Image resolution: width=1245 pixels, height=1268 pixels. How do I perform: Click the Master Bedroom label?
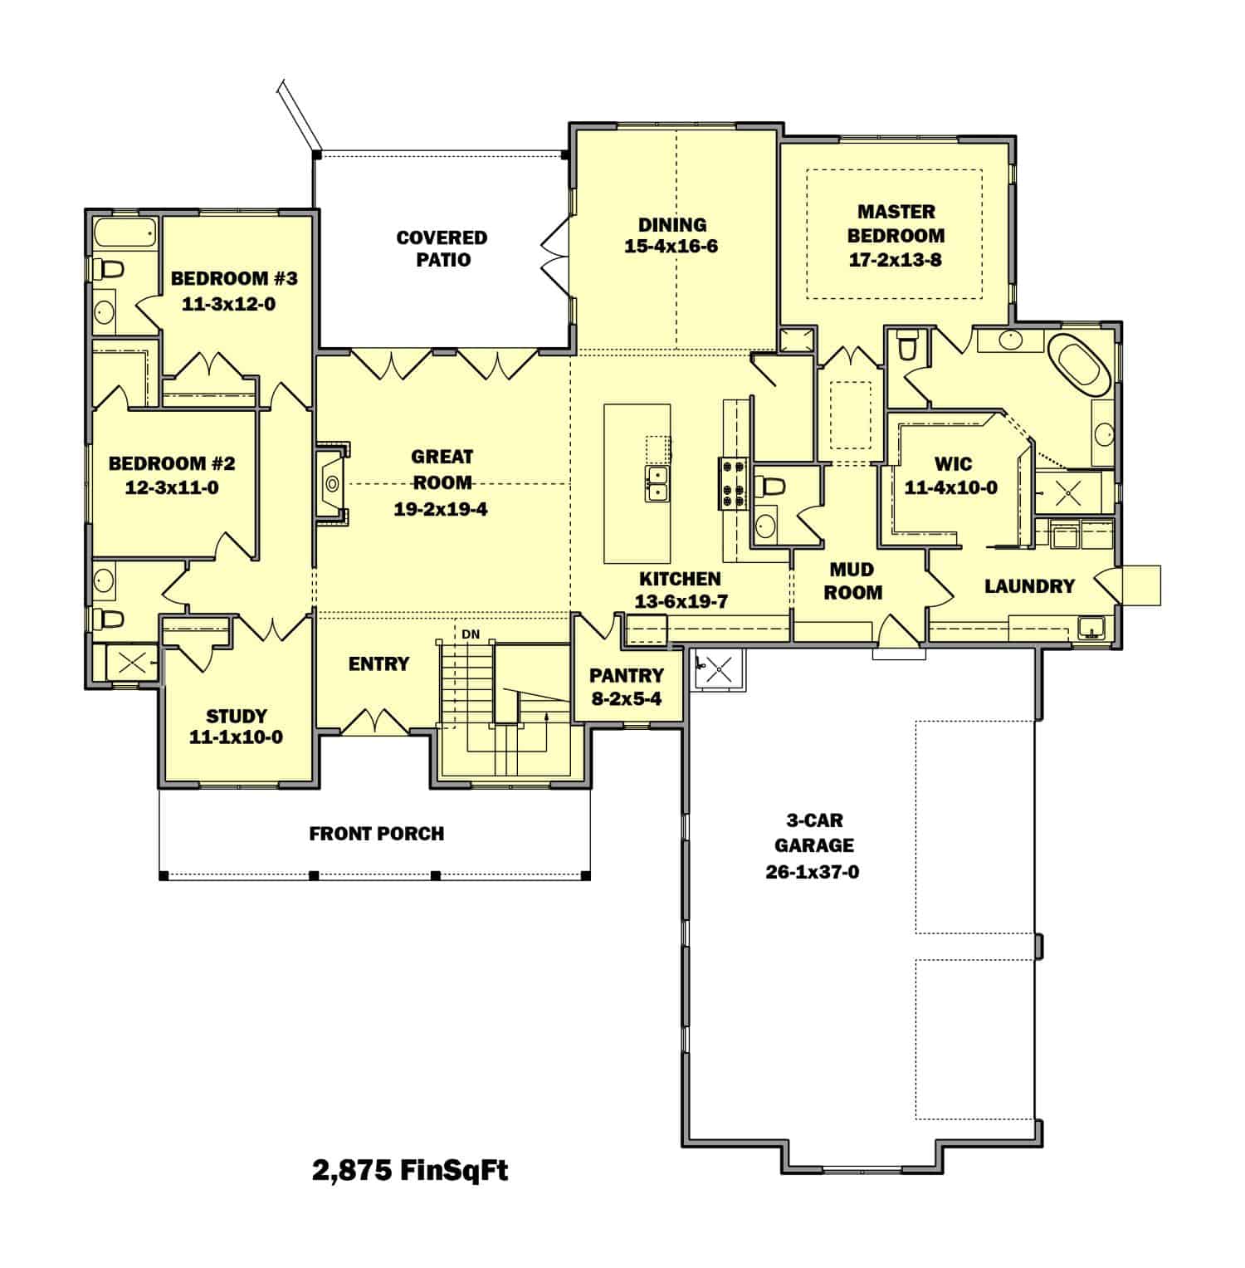(x=896, y=223)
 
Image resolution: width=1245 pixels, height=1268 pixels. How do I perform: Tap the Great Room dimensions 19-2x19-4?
(x=440, y=509)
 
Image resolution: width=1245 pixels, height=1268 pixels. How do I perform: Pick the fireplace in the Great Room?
(x=332, y=482)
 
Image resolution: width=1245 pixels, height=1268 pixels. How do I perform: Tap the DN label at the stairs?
(x=471, y=634)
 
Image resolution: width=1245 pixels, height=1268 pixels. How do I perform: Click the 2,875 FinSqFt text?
(x=410, y=1170)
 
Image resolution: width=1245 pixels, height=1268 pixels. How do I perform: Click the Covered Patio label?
(x=442, y=248)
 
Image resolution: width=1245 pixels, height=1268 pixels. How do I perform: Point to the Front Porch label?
(x=376, y=833)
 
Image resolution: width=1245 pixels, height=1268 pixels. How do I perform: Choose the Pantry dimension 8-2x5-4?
(x=626, y=698)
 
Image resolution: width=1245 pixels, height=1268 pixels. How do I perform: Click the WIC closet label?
(x=952, y=463)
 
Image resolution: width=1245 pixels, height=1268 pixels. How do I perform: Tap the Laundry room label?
(x=1029, y=586)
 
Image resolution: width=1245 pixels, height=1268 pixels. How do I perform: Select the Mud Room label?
(x=852, y=580)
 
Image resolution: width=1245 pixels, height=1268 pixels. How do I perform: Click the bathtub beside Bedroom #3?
(x=124, y=233)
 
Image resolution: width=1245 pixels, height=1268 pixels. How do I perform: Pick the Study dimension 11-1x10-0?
(x=236, y=737)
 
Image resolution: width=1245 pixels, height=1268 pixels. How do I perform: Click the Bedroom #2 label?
(x=172, y=463)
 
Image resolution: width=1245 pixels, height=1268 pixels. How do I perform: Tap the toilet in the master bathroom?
(x=906, y=345)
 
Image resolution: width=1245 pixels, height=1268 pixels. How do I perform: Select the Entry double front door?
(x=375, y=722)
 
